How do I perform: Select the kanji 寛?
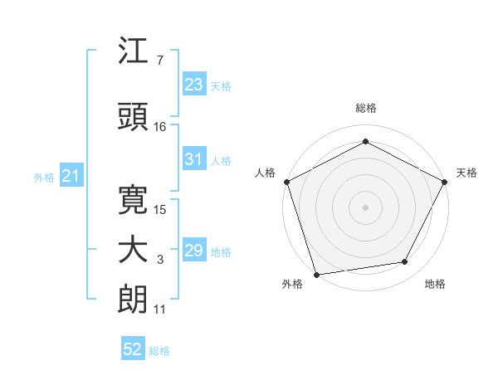pos(134,198)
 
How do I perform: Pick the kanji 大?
pos(134,250)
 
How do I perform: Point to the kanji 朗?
pos(134,299)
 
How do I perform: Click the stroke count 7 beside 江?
pos(159,61)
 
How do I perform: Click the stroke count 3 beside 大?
pos(159,261)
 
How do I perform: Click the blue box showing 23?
pos(194,85)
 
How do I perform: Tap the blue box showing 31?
pos(194,160)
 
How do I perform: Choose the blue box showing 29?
pos(194,251)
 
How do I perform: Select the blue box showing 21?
pos(71,177)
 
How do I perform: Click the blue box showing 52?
pos(132,350)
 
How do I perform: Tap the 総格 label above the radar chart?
pos(365,109)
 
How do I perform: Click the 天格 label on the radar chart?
pos(466,173)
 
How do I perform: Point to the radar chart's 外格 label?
pos(292,285)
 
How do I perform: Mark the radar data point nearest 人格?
pos(286,182)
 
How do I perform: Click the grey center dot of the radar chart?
pos(365,207)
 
